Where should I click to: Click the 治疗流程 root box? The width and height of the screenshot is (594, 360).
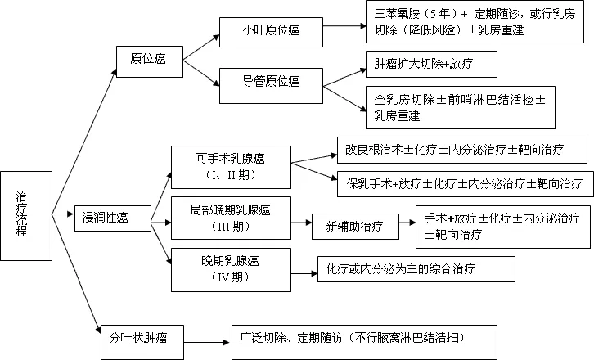[x=25, y=215]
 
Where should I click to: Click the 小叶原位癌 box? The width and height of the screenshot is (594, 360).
[x=270, y=31]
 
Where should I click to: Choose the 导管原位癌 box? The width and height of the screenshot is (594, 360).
[x=270, y=81]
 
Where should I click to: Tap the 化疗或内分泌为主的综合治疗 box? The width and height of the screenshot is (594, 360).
[x=416, y=268]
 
